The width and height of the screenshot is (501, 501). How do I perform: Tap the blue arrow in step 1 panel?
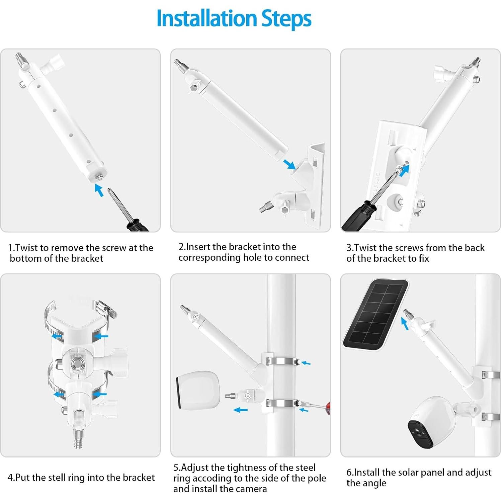click(99, 190)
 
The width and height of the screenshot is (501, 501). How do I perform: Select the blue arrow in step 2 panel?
click(289, 164)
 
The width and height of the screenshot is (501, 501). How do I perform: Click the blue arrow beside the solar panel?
click(405, 324)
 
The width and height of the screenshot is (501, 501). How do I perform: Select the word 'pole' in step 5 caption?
click(316, 478)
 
